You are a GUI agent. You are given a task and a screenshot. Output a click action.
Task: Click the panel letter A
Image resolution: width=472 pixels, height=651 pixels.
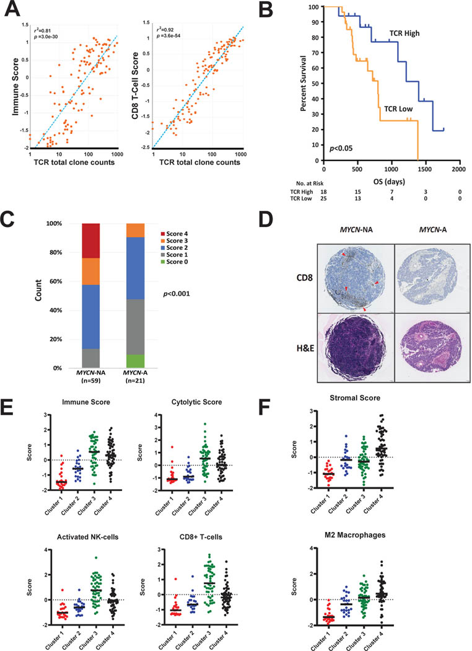pyautogui.click(x=11, y=9)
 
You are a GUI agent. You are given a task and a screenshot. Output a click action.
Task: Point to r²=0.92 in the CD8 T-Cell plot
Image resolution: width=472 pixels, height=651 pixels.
pyautogui.click(x=168, y=27)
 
